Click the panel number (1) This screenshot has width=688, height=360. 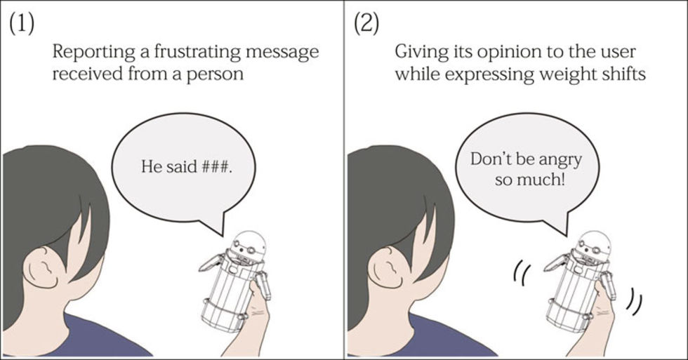(22, 25)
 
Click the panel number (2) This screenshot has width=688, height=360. (366, 25)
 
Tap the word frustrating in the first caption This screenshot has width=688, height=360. (197, 52)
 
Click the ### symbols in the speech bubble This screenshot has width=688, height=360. (216, 166)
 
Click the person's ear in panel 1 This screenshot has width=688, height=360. (41, 268)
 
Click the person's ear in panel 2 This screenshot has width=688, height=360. (387, 268)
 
